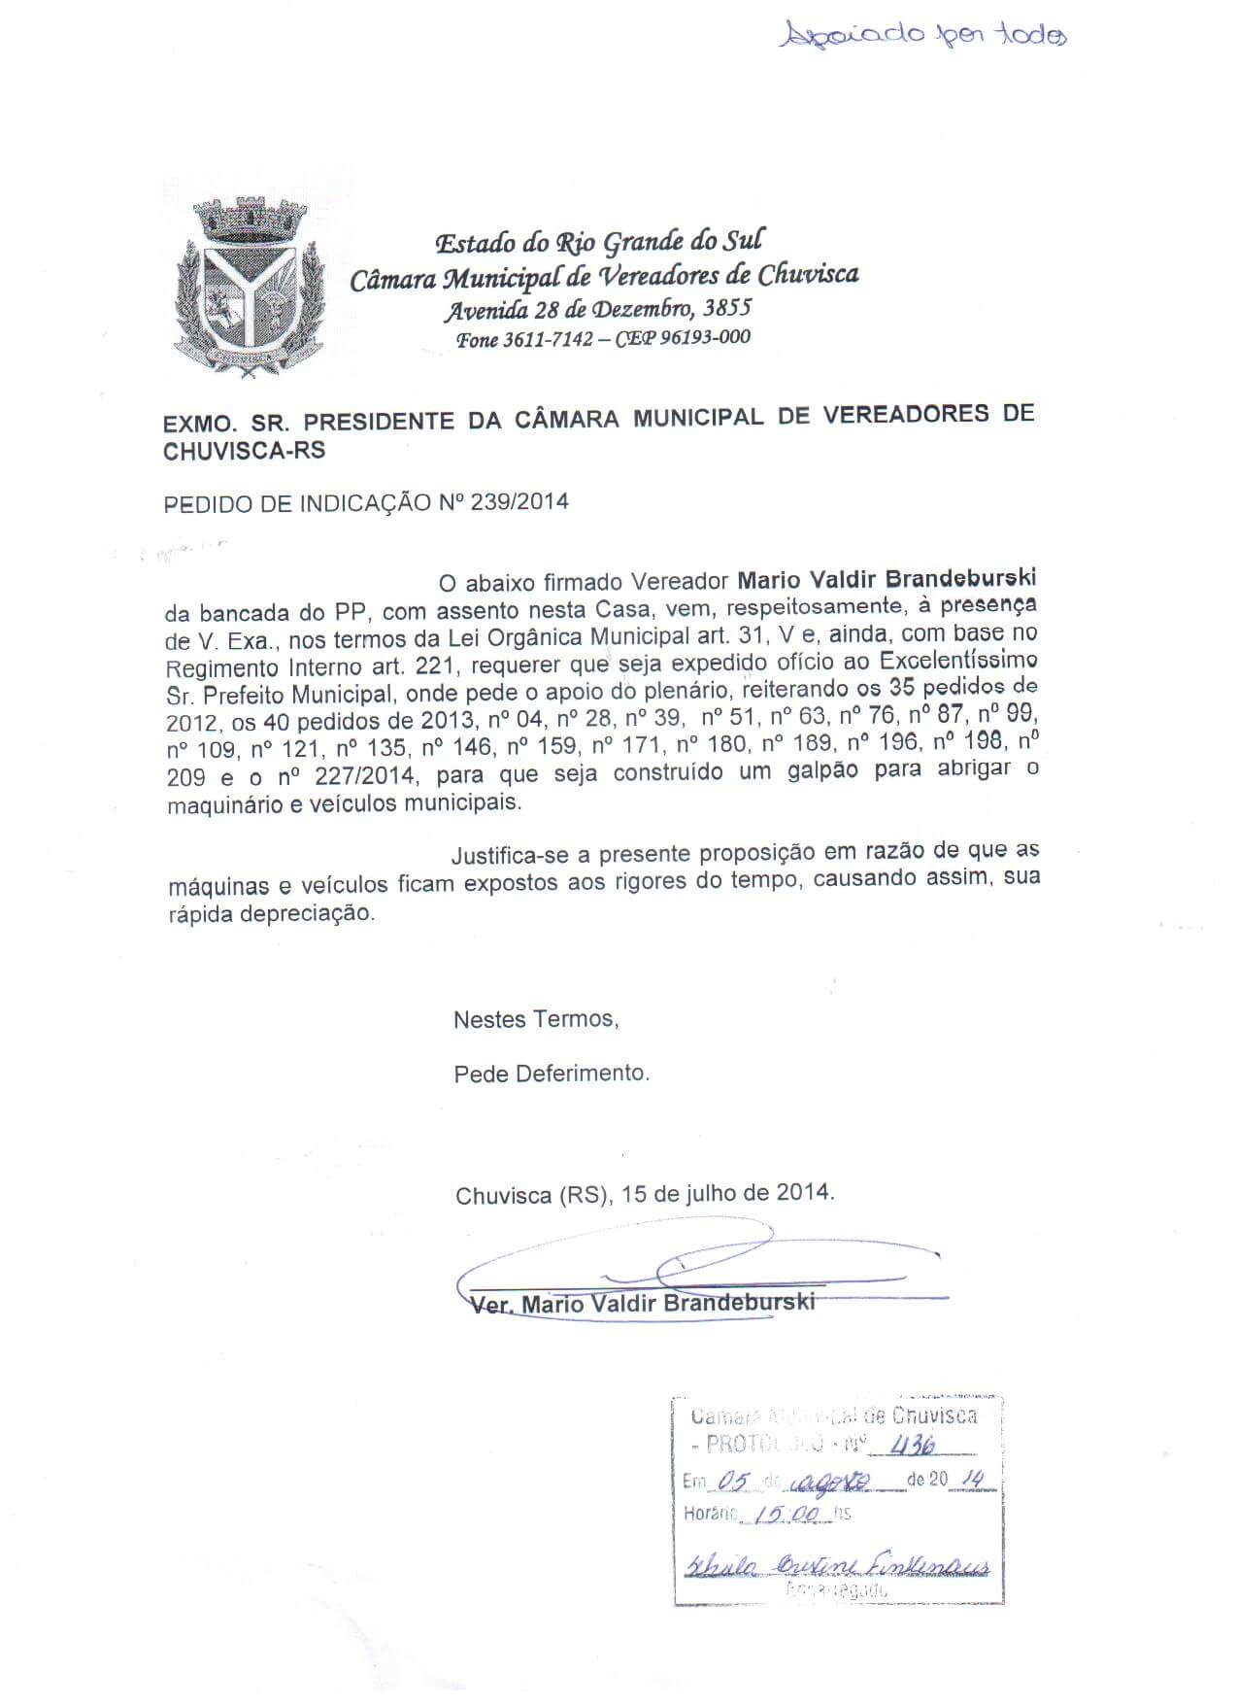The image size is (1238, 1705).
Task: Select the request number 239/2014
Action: point(519,501)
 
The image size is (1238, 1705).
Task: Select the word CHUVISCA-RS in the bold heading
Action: point(245,451)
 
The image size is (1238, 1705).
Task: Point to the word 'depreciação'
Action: point(318,914)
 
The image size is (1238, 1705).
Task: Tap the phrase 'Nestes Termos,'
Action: point(536,1019)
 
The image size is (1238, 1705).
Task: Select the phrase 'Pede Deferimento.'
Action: point(552,1074)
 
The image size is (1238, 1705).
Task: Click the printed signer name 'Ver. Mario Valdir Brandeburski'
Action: point(642,1303)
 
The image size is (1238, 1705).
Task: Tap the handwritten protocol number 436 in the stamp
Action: point(914,1446)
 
